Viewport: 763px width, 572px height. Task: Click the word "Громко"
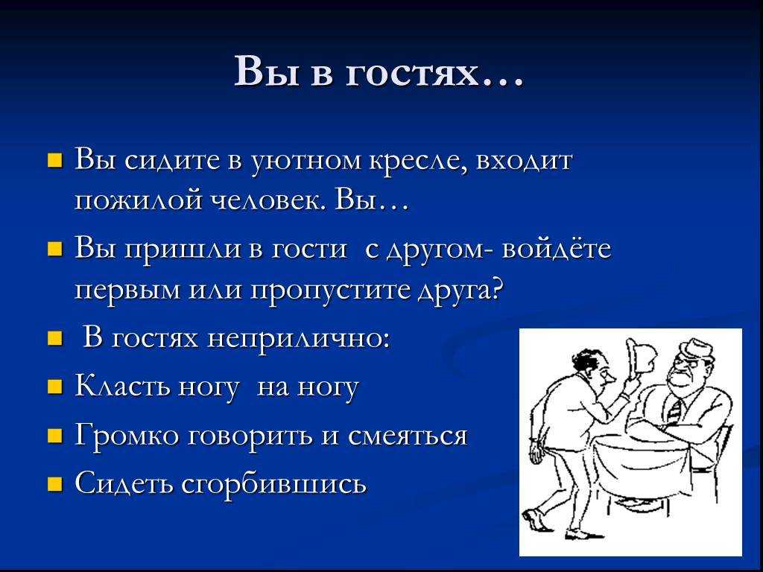click(128, 435)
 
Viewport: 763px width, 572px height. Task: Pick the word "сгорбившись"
click(273, 483)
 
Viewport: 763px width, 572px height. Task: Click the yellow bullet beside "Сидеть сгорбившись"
click(55, 484)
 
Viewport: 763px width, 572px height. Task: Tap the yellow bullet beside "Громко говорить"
click(55, 436)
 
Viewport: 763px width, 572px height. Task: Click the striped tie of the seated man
click(675, 409)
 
